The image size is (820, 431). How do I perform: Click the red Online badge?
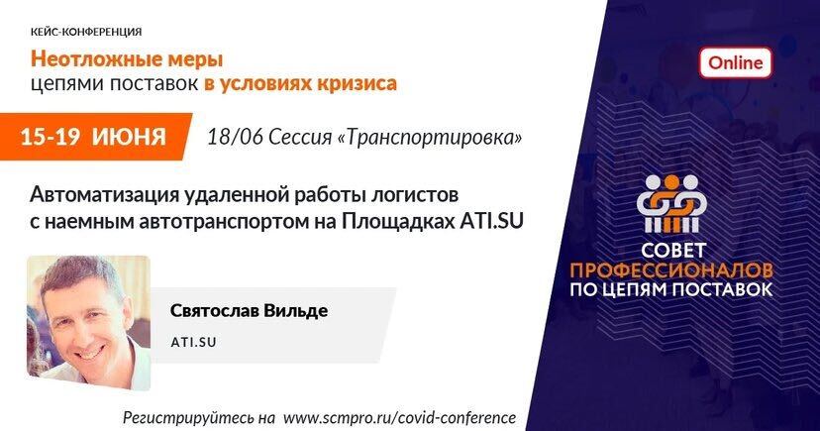coord(735,62)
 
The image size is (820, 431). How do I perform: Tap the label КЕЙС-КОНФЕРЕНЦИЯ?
coord(86,32)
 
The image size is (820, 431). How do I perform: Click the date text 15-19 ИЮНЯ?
coord(93,137)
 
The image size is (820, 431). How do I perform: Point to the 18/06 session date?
coord(236,138)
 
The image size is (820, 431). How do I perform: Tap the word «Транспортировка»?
coord(431,138)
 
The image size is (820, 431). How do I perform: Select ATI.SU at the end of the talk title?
coord(491,221)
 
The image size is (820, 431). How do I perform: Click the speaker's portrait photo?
coord(88,323)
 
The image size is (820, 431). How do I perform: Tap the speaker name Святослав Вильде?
coord(249,311)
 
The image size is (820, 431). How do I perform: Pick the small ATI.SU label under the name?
coord(193,342)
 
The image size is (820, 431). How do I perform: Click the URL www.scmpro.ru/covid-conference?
coord(399,418)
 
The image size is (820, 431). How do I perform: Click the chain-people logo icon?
coord(671,203)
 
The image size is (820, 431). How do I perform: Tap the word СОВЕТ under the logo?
coord(673,251)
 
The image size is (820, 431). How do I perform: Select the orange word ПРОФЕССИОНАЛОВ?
coord(671,270)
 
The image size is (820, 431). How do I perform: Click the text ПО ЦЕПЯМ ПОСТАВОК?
coord(671,289)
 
